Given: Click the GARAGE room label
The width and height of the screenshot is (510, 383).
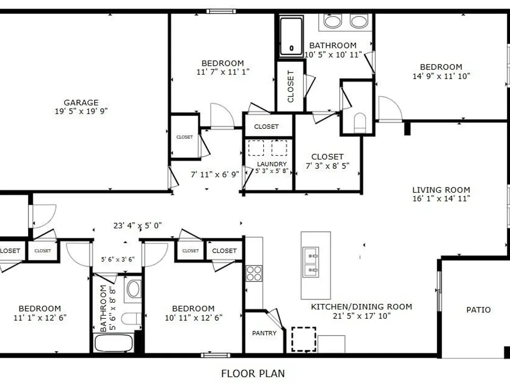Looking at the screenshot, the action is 81,103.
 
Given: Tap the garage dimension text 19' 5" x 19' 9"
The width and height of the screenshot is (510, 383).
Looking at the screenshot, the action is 81,111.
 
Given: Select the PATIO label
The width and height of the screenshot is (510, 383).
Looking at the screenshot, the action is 478,310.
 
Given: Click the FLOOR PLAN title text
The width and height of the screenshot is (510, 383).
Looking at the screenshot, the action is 253,373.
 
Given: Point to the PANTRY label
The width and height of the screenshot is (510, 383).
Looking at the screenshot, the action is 264,333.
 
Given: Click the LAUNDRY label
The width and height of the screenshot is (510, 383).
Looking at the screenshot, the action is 272,164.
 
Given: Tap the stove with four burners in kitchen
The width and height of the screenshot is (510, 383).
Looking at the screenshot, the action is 254,273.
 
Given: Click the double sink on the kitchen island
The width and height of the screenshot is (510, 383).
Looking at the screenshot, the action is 311,262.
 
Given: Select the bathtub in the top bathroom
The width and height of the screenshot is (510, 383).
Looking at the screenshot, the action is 291,36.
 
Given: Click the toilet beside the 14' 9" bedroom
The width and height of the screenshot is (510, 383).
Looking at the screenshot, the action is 360,123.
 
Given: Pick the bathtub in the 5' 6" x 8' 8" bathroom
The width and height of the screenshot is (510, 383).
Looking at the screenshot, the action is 114,343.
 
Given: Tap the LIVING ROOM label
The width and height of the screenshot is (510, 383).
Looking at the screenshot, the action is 441,190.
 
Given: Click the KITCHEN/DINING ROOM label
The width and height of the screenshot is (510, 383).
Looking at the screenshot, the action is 362,307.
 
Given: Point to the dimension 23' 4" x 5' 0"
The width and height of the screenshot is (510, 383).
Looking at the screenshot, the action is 138,225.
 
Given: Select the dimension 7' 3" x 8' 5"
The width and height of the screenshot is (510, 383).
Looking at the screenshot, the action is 327,166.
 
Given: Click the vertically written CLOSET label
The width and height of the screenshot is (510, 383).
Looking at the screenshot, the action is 291,86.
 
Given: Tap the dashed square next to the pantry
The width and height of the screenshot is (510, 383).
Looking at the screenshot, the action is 304,340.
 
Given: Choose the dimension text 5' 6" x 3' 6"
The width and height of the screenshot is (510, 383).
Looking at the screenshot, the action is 118,259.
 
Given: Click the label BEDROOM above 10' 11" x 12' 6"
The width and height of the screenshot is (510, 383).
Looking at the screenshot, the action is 193,308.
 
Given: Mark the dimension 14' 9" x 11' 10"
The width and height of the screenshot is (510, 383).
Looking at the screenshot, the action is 441,76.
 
